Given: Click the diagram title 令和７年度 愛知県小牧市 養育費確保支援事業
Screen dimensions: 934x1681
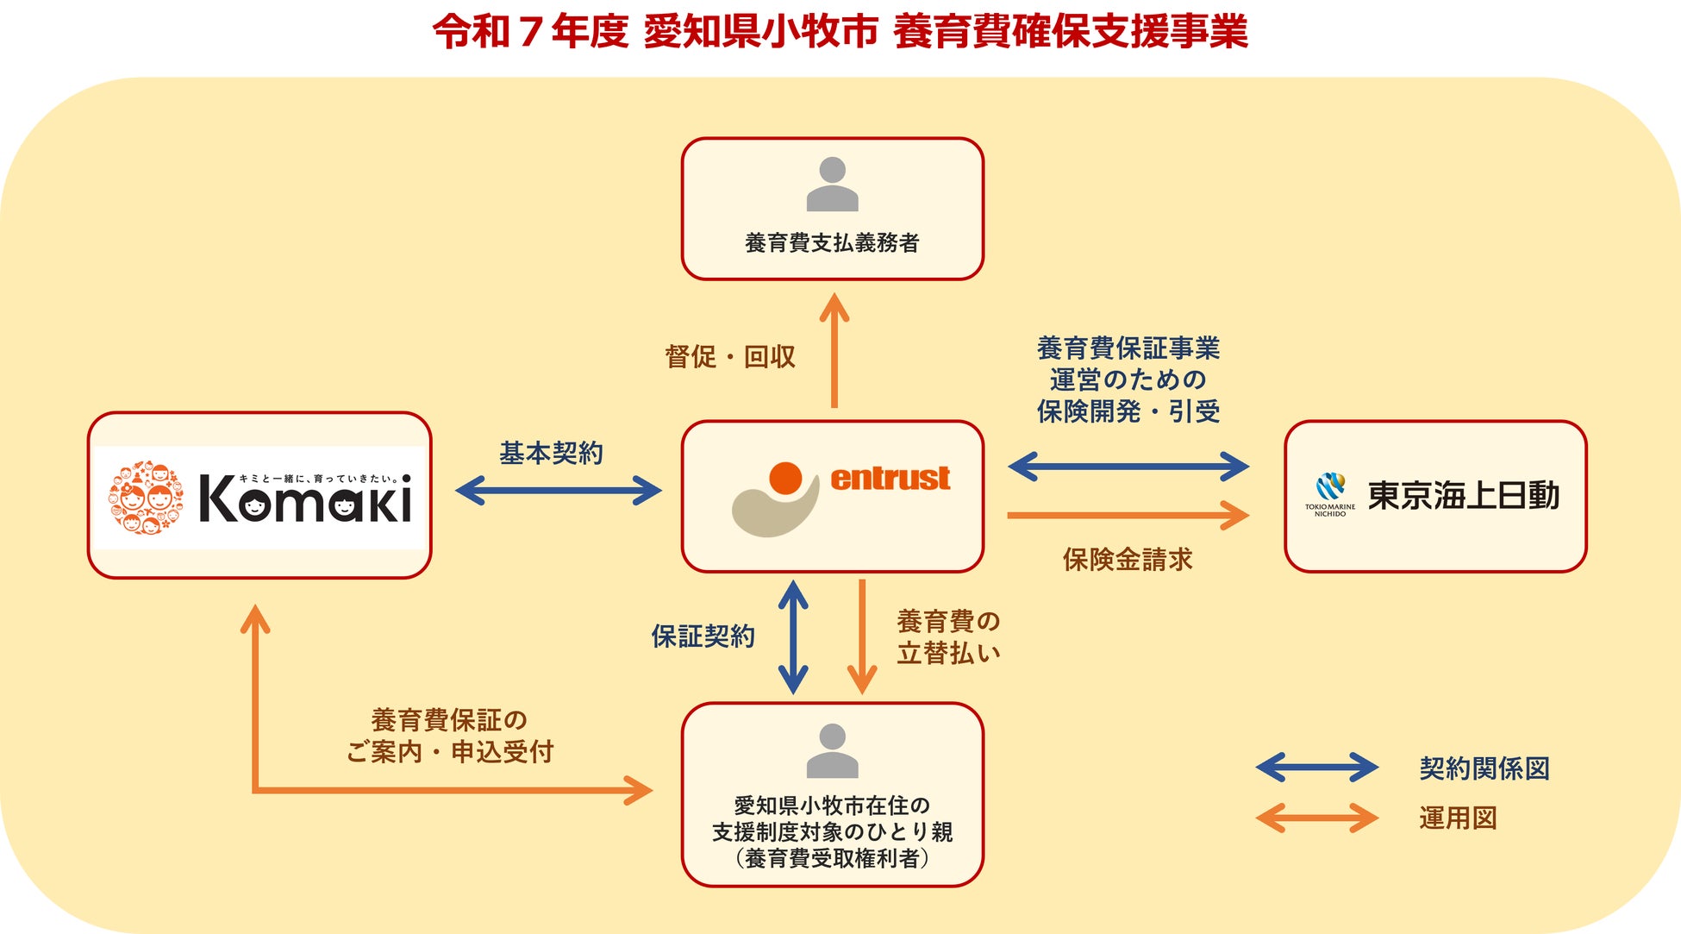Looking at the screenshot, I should pos(840,32).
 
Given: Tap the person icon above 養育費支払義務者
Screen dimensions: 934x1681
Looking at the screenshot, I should pos(832,184).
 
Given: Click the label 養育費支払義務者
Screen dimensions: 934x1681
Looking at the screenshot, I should pos(832,243).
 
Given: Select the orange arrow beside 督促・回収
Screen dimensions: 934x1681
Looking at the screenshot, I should pos(834,350).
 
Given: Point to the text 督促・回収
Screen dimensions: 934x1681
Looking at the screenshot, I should pos(730,357).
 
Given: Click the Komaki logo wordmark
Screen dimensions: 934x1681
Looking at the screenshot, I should pos(306,498).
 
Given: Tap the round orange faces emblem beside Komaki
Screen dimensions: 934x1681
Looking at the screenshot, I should pos(146,497).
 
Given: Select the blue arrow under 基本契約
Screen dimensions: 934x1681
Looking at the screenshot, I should pos(558,491).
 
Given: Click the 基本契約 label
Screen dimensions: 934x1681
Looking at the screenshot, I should pos(552,453).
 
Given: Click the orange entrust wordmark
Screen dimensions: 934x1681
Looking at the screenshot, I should pos(890,478).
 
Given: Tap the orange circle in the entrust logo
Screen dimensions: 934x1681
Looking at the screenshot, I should pos(785,478).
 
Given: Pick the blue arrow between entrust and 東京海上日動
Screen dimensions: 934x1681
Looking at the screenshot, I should pos(1128,467).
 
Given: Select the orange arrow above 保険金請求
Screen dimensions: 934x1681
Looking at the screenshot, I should pos(1128,515).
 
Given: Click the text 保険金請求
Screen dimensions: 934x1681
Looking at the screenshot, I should pos(1128,560).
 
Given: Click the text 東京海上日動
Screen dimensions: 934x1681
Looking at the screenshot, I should pos(1464,496).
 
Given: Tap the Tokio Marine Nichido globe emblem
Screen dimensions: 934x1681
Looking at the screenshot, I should pos(1330,487).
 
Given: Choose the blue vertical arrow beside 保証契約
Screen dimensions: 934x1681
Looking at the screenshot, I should pos(793,636).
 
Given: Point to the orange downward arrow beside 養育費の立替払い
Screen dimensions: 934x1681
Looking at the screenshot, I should pos(861,636).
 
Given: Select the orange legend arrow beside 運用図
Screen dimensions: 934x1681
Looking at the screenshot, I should pos(1316,818).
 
